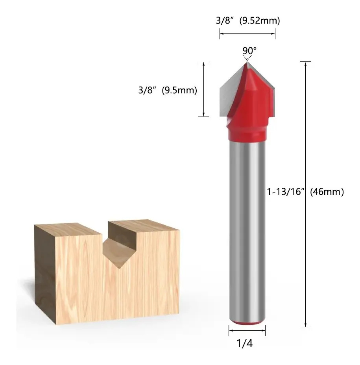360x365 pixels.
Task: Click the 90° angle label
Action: (249, 50)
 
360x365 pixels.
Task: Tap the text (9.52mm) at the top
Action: (260, 20)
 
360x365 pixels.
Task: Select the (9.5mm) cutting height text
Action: (179, 90)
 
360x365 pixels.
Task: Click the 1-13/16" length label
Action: (286, 192)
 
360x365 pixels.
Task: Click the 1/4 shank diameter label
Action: (244, 343)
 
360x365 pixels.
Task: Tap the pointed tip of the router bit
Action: (247, 62)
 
